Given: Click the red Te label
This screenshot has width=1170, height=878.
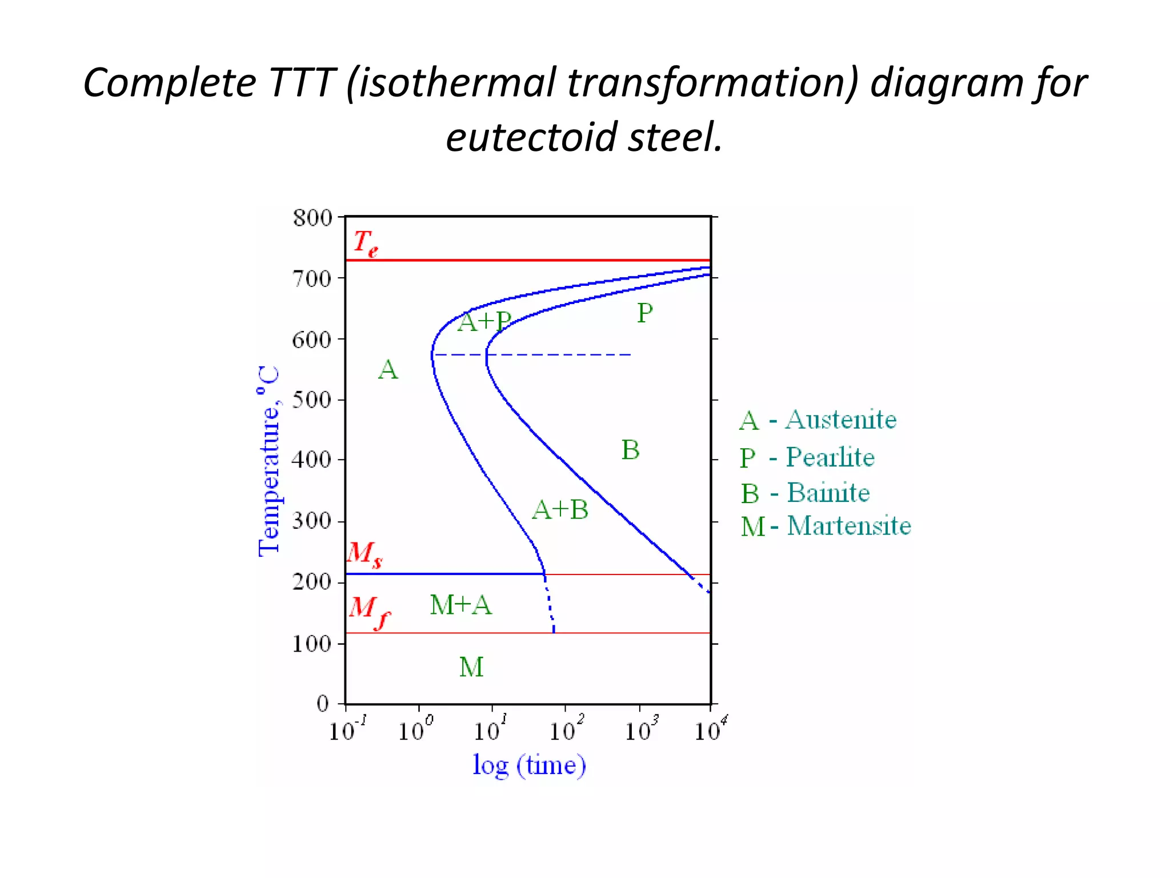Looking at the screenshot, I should click(x=364, y=243).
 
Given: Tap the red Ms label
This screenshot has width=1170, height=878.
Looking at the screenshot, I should click(x=364, y=554).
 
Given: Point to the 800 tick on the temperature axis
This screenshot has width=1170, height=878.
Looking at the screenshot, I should click(x=312, y=218).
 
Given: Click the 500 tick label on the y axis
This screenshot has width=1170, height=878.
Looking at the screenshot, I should click(x=311, y=400).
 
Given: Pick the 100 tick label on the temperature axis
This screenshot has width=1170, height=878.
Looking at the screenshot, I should click(x=311, y=644).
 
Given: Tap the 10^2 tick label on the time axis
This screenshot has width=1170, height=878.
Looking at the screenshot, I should click(x=566, y=729).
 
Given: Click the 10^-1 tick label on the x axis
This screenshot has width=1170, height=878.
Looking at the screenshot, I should click(x=346, y=729).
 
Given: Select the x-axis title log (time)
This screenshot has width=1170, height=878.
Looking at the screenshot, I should click(x=529, y=765).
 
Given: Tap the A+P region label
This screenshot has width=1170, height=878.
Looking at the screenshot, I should click(x=484, y=321).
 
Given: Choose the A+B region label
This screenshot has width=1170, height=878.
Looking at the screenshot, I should click(x=560, y=509).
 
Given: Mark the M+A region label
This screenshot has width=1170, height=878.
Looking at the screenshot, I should click(x=460, y=605).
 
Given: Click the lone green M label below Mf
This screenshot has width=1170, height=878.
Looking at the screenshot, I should click(x=471, y=667).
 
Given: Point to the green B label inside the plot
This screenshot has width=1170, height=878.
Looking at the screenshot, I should click(x=630, y=450).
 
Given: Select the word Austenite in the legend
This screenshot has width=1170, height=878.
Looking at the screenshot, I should click(x=840, y=420).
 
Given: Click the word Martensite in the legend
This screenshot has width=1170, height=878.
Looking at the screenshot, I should click(x=849, y=526).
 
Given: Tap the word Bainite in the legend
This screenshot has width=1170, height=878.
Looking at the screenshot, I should click(x=828, y=493).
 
